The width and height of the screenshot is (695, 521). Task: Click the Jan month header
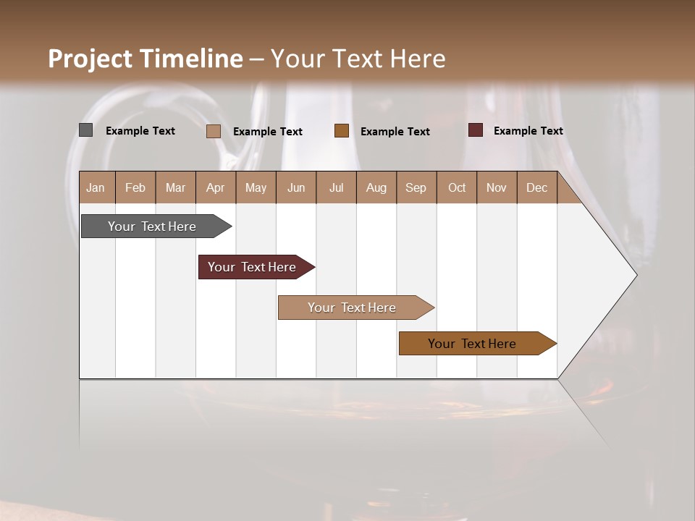96,188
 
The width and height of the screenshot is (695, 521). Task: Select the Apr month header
216,188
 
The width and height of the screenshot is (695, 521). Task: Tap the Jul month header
336,188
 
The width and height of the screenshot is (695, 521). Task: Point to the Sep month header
416,188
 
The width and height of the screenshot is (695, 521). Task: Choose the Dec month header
536,188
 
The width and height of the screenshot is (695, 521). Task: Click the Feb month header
135,188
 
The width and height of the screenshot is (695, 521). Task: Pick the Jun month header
296,188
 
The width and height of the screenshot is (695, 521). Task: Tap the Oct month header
457,188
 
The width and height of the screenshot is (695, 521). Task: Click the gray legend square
86,130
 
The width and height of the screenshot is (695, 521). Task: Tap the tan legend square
214,131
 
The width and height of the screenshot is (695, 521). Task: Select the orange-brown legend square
342,131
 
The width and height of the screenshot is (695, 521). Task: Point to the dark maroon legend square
476,130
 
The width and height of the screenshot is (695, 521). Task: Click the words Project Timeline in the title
145,59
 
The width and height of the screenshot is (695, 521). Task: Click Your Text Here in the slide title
358,59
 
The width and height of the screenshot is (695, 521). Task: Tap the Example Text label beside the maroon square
528,131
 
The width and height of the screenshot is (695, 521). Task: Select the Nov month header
497,188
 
